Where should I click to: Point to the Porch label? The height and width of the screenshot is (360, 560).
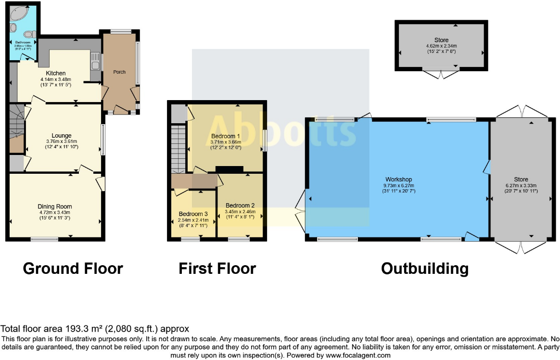coord(119,72)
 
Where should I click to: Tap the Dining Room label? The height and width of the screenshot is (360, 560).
coord(55,206)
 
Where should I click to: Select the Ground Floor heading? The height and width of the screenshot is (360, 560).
coord(73,268)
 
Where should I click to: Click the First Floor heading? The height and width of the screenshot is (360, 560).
coord(217,268)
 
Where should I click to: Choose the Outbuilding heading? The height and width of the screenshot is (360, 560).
coord(424,268)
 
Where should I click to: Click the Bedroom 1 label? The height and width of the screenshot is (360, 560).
coord(226,136)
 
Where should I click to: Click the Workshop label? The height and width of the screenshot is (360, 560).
coord(398,180)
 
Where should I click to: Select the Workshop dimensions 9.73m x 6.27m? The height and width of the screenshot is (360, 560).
coord(398,185)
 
